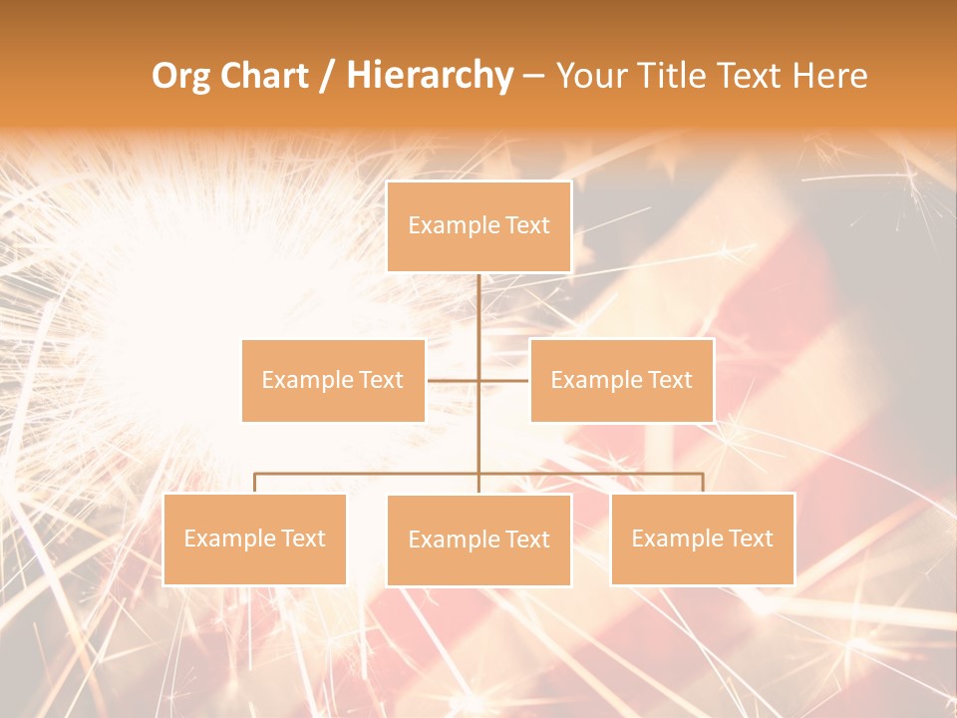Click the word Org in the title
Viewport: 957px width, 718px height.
tap(180, 76)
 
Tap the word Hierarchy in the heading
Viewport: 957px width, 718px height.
tap(429, 76)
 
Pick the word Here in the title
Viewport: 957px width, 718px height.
tap(829, 76)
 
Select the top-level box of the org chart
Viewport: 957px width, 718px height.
tap(478, 226)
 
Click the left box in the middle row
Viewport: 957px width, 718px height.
tap(333, 380)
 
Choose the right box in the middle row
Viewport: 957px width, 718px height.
tap(621, 380)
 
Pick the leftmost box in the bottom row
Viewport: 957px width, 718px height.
tap(254, 538)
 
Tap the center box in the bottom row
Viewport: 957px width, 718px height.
tap(478, 539)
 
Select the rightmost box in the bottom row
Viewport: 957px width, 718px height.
tap(702, 538)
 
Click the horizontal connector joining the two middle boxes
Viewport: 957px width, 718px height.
tap(503, 380)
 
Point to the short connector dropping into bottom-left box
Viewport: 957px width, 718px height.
tap(254, 483)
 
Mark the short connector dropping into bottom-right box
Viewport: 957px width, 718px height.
tap(703, 483)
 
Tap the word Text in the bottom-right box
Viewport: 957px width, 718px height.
tap(750, 538)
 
